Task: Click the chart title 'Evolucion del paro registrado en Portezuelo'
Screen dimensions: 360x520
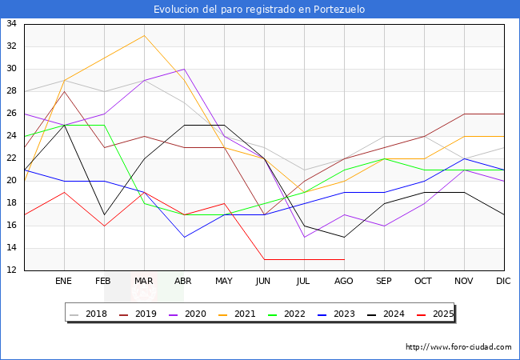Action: click(260, 10)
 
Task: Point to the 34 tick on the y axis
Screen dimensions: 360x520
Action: click(12, 24)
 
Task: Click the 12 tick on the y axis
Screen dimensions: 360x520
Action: click(12, 270)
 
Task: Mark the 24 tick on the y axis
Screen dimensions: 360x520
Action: click(12, 136)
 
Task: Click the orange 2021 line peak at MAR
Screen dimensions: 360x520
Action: click(144, 35)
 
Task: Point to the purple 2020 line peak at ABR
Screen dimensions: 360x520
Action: click(184, 69)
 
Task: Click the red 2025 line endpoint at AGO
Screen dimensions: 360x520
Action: click(344, 259)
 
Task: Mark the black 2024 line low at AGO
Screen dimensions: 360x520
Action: click(344, 237)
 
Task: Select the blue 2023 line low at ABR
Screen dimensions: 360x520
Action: click(184, 237)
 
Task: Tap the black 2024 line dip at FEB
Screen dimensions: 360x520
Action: click(104, 214)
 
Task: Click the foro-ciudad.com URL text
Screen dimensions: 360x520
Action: click(458, 347)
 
